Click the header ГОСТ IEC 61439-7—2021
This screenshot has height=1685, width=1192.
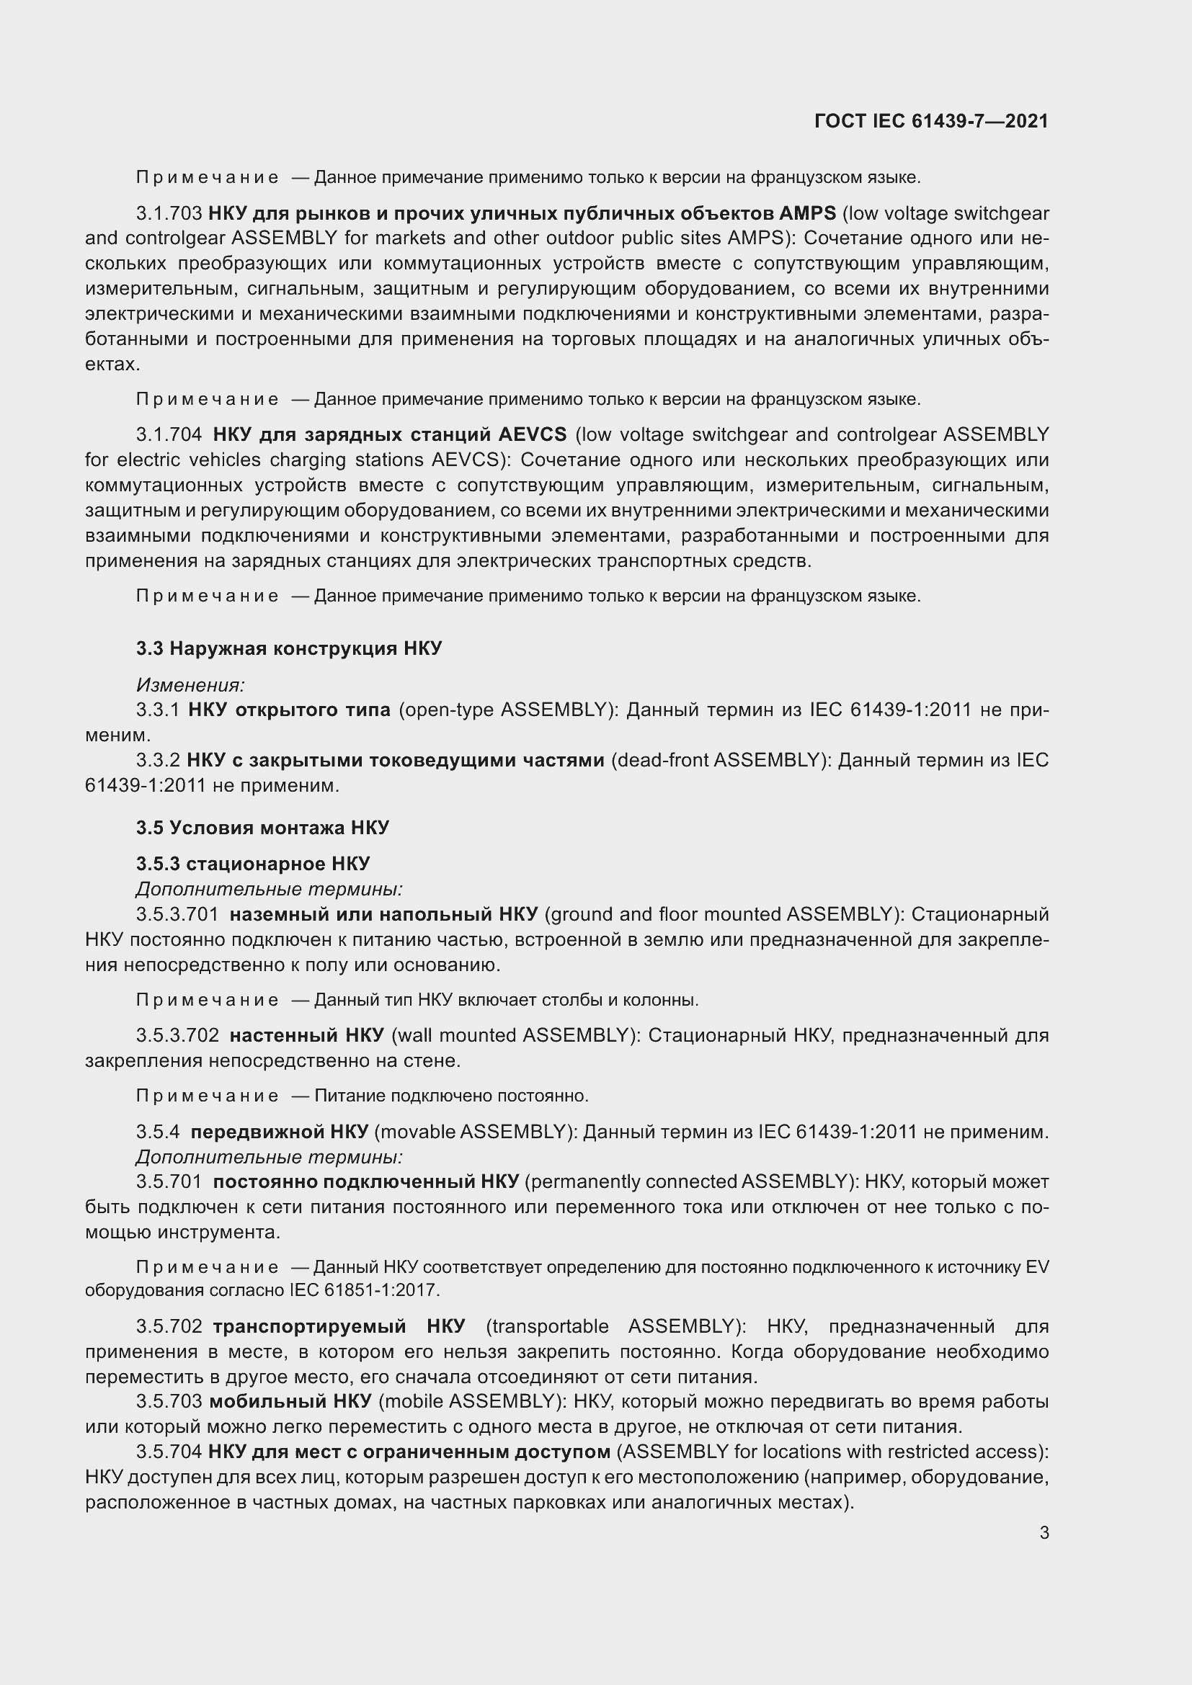coord(930,121)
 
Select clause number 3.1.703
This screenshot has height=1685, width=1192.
coord(169,213)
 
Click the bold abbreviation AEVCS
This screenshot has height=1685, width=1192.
coord(532,434)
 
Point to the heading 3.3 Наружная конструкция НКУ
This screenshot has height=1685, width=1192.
coord(288,648)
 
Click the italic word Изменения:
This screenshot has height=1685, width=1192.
coord(190,684)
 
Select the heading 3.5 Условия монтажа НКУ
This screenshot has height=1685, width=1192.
coord(262,828)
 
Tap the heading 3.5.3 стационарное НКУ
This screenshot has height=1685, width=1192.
coord(252,864)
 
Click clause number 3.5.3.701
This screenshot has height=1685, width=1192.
coord(177,914)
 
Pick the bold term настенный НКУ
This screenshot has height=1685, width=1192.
coord(306,1035)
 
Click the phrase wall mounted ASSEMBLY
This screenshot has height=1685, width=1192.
coord(512,1035)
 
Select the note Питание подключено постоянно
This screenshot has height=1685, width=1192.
coord(450,1096)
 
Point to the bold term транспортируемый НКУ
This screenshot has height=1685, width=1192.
coord(339,1326)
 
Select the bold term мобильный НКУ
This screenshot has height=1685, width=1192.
coord(290,1401)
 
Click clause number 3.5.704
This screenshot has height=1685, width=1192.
coord(169,1452)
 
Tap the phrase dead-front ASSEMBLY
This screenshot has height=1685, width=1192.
coord(715,760)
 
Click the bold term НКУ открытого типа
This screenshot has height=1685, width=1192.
coord(289,710)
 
